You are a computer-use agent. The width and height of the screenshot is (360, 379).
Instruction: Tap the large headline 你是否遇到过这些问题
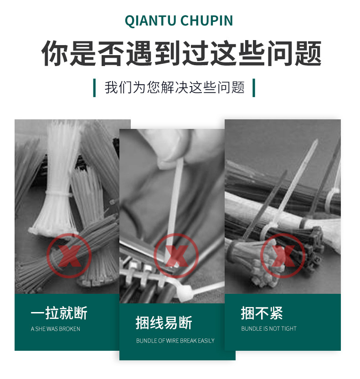tap(181, 54)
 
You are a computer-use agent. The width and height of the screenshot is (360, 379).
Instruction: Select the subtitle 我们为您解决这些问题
tap(175, 87)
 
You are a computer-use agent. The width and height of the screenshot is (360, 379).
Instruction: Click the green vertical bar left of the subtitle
tap(94, 87)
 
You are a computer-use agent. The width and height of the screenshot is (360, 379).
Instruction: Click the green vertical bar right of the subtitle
tap(253, 87)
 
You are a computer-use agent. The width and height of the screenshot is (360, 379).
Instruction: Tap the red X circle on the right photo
tap(283, 256)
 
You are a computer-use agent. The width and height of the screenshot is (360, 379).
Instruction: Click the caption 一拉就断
tap(59, 313)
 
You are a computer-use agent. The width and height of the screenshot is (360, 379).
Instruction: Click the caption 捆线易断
tap(164, 323)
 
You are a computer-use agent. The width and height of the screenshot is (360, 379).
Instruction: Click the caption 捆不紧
tap(262, 313)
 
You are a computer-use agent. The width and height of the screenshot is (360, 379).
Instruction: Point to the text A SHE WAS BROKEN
tap(56, 329)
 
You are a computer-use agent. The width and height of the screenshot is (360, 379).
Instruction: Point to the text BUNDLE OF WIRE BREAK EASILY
tap(175, 341)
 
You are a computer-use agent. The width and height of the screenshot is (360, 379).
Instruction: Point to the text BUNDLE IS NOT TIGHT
tap(269, 328)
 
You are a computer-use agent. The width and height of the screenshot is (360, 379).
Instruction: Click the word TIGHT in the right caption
tap(288, 328)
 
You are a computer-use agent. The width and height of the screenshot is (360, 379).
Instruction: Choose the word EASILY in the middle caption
tap(206, 341)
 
